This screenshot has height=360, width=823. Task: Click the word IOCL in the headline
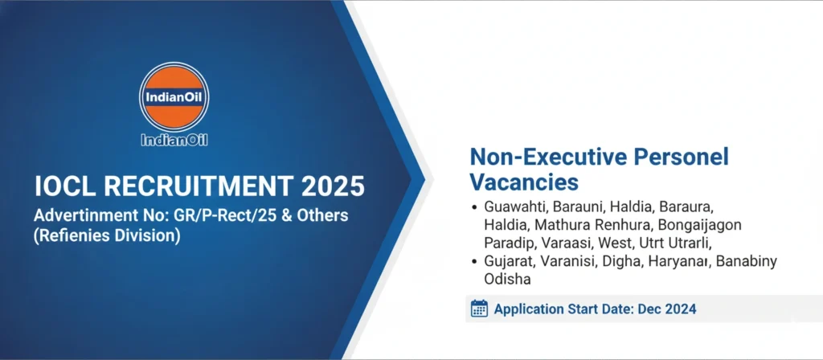tap(65, 186)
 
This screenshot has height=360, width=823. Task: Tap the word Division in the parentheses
tap(149, 236)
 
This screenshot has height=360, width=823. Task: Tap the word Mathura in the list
tap(560, 224)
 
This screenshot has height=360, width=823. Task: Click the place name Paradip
tap(507, 242)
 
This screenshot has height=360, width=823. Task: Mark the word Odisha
tap(508, 278)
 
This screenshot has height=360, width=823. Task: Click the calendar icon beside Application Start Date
tap(479, 309)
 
